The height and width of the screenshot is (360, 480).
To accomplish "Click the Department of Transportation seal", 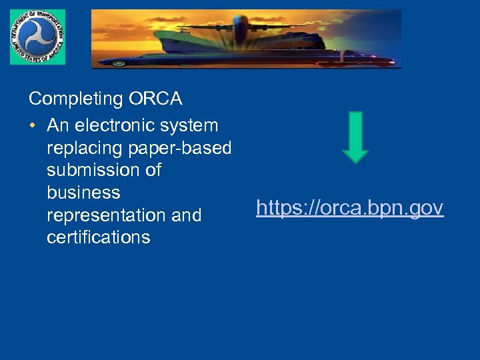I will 37,37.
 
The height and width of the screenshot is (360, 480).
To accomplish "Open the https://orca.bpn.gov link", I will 349,208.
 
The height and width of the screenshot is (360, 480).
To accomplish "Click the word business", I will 83,193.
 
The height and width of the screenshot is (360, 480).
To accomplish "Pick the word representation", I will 106,215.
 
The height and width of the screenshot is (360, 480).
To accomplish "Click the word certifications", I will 98,237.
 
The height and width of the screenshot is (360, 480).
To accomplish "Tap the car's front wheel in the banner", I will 119,63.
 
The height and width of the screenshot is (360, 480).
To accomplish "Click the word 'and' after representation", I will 186,215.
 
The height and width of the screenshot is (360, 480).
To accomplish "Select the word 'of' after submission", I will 153,170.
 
